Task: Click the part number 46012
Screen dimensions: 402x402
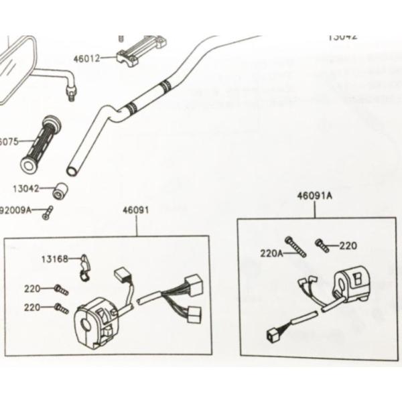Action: [x=86, y=58]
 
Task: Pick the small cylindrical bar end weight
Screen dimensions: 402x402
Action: [x=61, y=190]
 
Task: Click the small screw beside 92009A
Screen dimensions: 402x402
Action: [x=47, y=214]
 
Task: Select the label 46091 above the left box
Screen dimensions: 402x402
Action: [x=135, y=210]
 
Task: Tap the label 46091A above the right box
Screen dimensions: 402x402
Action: [x=314, y=196]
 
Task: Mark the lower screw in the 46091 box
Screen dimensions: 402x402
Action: [x=61, y=308]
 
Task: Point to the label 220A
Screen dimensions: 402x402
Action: [x=271, y=253]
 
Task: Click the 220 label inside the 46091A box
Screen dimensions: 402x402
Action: [x=348, y=246]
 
